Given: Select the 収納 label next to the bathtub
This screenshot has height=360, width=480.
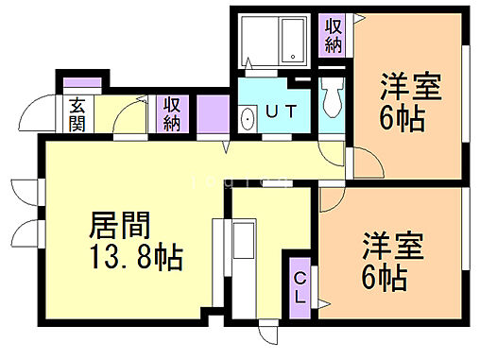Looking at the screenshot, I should click(334, 35).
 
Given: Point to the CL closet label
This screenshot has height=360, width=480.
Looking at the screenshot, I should click(299, 285).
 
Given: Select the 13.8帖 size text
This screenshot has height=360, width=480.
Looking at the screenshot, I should click(136, 256).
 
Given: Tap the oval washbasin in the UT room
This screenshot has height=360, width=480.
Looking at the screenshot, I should click(248, 120).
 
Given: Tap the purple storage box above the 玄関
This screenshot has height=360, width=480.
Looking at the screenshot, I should click(75, 86).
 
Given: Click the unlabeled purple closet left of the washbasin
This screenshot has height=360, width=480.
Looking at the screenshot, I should click(213, 114).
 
